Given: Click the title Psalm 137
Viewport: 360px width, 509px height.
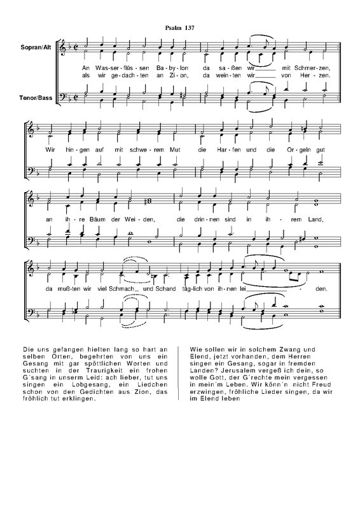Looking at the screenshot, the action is (x=181, y=29).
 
